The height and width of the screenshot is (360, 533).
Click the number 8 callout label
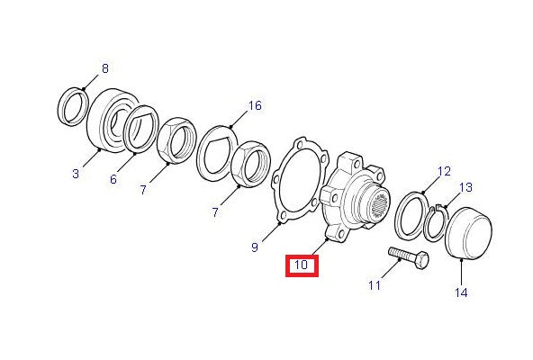[105, 68]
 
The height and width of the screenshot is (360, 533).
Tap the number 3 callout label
[76, 174]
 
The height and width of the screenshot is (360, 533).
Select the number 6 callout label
[113, 179]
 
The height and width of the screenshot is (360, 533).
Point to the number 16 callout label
[255, 105]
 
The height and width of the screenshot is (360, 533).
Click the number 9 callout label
[255, 247]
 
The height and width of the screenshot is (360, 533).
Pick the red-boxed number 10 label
[302, 265]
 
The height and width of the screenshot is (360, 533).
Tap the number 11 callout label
[375, 285]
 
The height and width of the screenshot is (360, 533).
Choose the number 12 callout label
[444, 171]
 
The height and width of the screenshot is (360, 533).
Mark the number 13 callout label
[466, 187]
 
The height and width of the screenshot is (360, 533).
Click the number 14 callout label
[461, 292]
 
